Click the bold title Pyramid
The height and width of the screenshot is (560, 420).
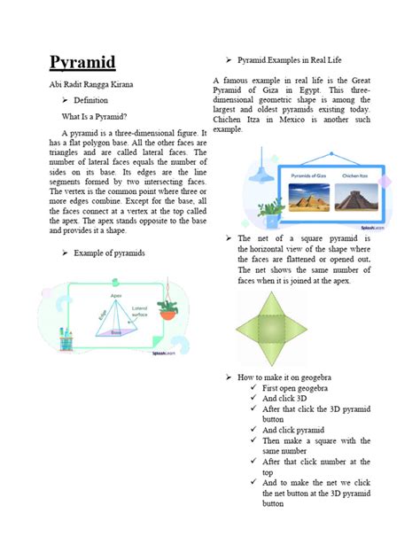point(82,63)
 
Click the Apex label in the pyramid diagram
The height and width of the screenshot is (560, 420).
point(115,295)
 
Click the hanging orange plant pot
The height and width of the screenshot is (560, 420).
point(167,311)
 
